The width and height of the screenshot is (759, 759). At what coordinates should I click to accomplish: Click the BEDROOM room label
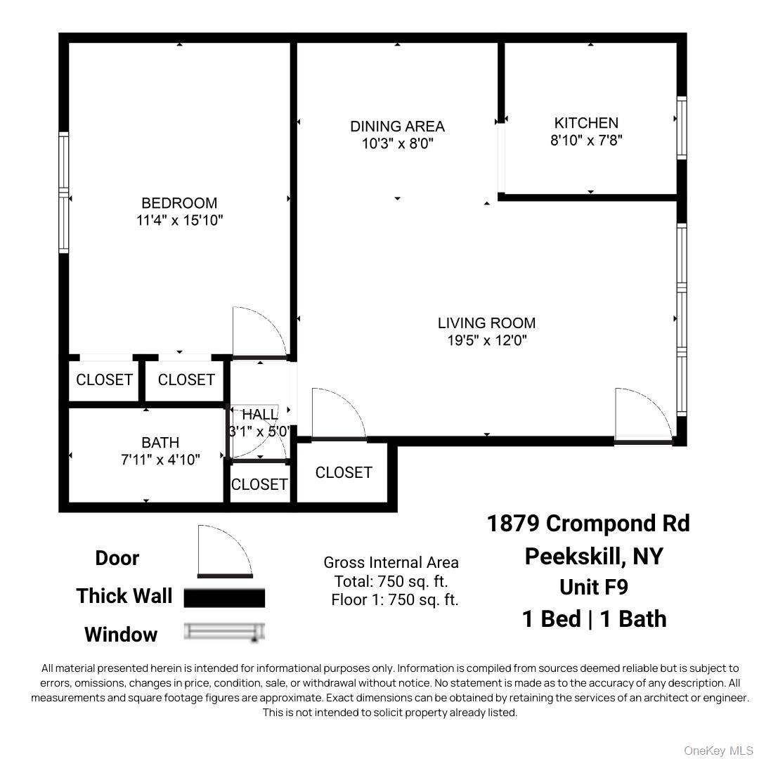point(179,203)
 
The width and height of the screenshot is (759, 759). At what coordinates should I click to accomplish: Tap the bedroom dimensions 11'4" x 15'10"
point(179,220)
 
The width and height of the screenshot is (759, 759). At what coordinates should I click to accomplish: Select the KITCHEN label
point(586,123)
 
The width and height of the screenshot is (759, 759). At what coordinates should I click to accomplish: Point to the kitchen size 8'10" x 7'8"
point(586,140)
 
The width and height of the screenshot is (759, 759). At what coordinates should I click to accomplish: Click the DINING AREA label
point(397,126)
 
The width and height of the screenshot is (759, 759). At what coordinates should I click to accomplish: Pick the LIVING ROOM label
point(486,323)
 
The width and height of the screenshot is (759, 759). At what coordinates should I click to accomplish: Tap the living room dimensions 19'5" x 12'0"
point(486,341)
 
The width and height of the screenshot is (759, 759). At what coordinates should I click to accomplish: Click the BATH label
point(160,443)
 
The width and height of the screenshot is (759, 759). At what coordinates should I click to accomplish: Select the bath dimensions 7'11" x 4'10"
point(160,460)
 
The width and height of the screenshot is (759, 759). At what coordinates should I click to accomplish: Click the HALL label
point(260,415)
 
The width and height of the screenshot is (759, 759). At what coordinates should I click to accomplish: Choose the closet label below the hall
point(259,484)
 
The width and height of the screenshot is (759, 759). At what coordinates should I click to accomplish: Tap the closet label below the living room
point(344,473)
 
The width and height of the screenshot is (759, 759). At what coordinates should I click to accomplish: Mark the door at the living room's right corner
point(642,415)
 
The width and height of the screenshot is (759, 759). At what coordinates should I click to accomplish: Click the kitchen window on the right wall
point(681,127)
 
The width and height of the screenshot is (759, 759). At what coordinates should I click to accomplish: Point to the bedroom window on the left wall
point(64,193)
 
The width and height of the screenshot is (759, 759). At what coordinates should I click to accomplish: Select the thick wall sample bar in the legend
point(224,597)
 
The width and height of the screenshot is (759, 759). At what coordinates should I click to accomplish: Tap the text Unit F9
point(594,586)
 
